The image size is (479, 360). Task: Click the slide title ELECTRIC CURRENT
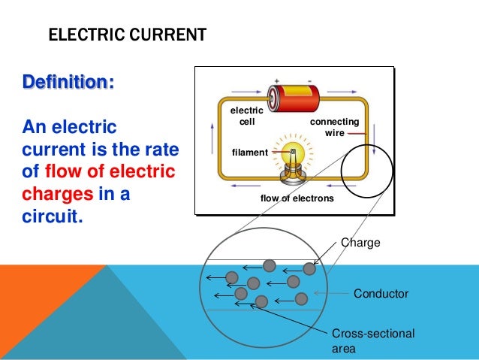tap(127, 35)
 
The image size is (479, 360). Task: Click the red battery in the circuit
tap(294, 97)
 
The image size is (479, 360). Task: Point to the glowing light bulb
tap(293, 150)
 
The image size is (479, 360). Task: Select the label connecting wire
tap(334, 127)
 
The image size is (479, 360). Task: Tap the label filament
tap(250, 153)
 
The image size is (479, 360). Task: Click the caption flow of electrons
tap(297, 198)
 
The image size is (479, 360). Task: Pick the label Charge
tap(361, 243)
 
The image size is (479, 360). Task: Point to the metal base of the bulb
tap(292, 174)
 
